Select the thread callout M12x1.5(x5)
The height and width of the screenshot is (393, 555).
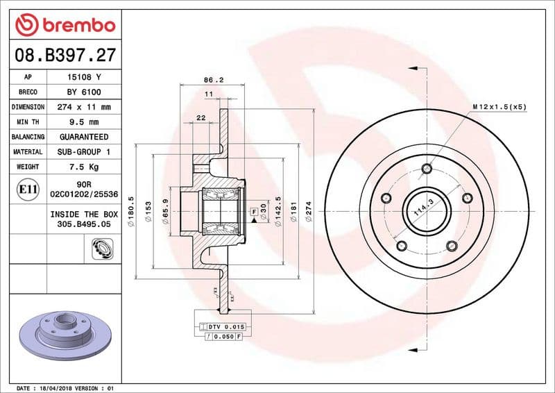tap(499, 106)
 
